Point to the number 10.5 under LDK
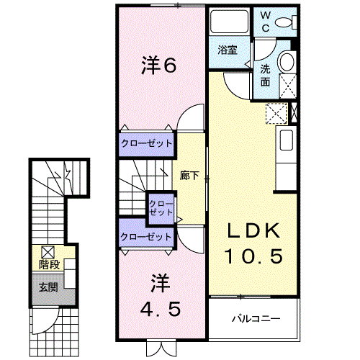tap(253, 256)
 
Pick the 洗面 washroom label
tap(265, 74)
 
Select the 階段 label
tap(49, 265)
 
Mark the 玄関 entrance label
tap(49, 288)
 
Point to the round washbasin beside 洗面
tap(287, 61)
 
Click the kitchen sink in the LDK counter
tap(285, 140)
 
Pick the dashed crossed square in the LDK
tap(276, 113)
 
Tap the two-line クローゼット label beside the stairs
tap(161, 209)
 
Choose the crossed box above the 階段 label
tap(48, 252)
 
